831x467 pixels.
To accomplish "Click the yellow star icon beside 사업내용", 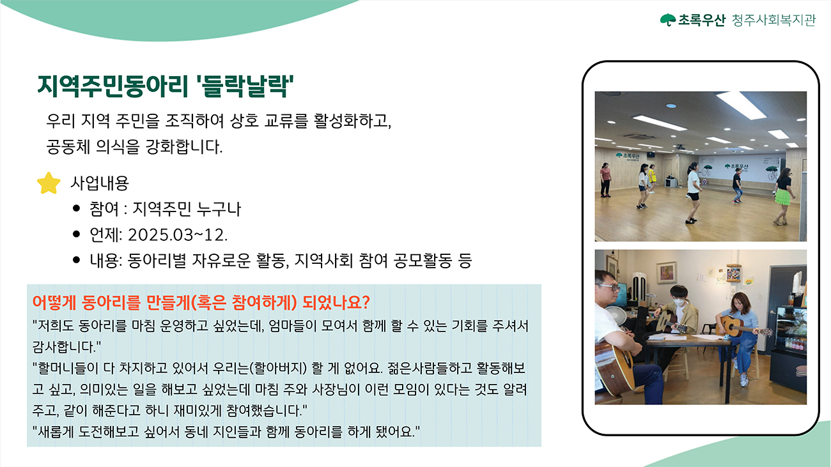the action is coord(49,183).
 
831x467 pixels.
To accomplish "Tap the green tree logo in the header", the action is coord(668,20).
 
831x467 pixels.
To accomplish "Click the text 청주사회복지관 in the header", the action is coord(773,20).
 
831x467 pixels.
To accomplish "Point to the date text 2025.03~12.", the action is coord(178,235).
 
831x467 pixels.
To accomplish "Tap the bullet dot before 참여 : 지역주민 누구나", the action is coord(77,208).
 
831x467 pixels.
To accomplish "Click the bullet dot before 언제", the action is coord(77,234).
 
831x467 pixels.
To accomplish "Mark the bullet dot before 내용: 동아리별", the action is coord(77,260).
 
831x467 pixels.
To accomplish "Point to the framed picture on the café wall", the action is coord(666,273).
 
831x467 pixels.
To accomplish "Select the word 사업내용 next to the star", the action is coord(100,183).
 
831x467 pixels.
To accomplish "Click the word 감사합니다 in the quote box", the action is coord(63,347).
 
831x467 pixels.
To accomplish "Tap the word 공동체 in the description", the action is coord(68,147).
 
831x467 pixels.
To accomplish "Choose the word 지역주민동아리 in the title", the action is coord(113,86).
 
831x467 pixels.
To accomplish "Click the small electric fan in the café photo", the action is coord(616,316).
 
